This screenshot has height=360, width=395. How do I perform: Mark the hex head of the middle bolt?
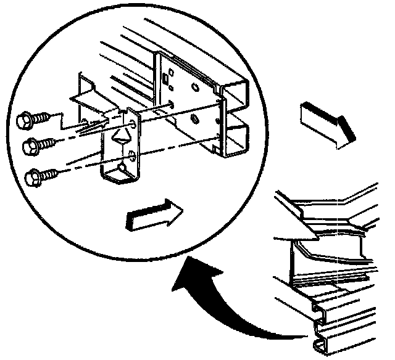27,147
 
